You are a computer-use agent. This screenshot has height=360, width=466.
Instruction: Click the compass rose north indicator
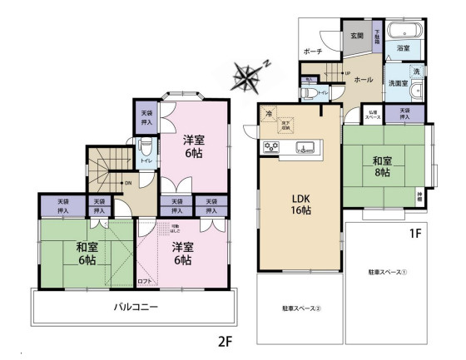point(249,76)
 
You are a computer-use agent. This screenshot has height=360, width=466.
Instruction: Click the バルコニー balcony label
point(136,307)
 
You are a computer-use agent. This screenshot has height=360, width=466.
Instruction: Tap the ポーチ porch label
point(312,52)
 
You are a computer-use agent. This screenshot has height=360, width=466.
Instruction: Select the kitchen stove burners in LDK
point(271,148)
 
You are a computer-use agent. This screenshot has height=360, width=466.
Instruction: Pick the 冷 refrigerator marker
point(268,113)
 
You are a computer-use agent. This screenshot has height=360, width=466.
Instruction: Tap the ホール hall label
point(364,80)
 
